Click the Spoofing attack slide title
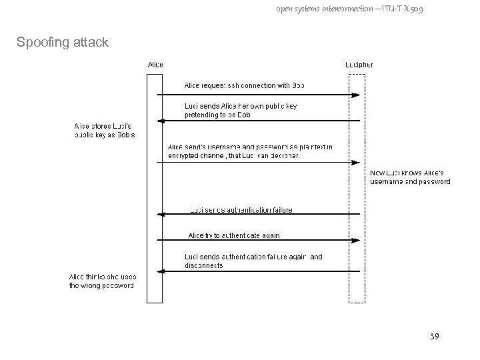coord(62,43)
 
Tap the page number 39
coord(434,337)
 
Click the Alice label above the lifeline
coord(155,65)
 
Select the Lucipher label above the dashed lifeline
coord(359,65)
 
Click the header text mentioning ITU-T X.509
coord(349,9)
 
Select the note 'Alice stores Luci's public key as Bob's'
coord(105,130)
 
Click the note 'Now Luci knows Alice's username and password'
coord(410,177)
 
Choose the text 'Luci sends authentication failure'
coord(241,210)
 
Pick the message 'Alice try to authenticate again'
coord(234,235)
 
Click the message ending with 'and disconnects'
coord(253,261)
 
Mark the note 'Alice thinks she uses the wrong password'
coord(102,281)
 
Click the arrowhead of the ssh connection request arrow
coord(357,95)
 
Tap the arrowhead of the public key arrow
coord(159,121)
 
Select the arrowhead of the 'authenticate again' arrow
coord(357,239)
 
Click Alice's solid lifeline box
coord(155,187)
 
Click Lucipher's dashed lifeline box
coord(357,187)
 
